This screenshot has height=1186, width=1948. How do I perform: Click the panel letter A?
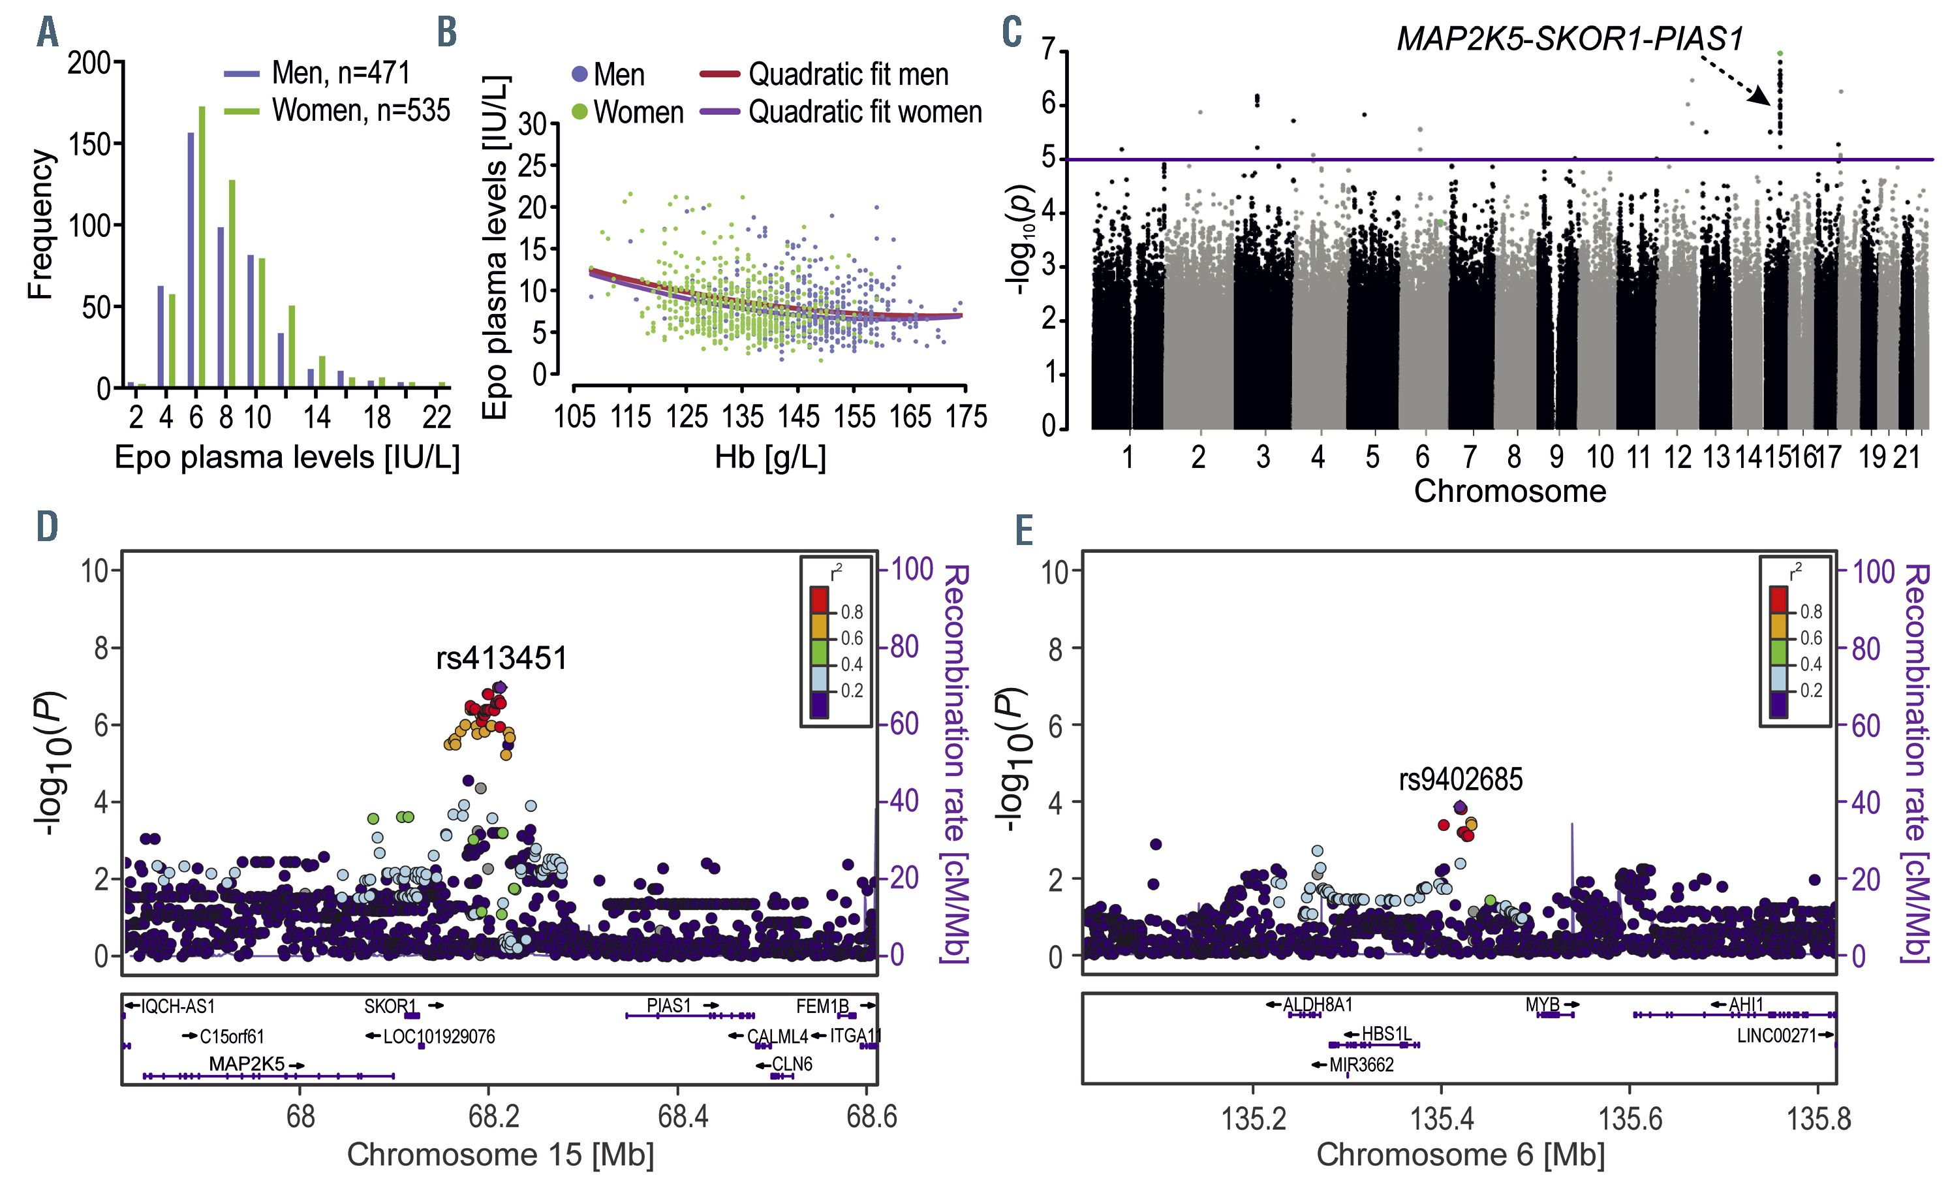pyautogui.click(x=48, y=33)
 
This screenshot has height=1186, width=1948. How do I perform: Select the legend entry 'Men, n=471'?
pyautogui.click(x=340, y=72)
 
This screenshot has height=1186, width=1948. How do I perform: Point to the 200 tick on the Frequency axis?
pyautogui.click(x=89, y=63)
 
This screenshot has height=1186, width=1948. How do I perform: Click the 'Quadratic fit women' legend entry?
pyautogui.click(x=865, y=112)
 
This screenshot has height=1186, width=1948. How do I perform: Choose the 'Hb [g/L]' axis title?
pyautogui.click(x=770, y=458)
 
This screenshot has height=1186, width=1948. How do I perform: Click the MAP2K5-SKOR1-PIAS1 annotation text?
pyautogui.click(x=1569, y=39)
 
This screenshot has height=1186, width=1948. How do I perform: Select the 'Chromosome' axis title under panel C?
pyautogui.click(x=1509, y=492)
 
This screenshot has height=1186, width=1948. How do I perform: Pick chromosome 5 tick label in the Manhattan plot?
pyautogui.click(x=1372, y=457)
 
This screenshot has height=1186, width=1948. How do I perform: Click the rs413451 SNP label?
pyautogui.click(x=501, y=658)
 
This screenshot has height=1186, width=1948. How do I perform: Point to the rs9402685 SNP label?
pyautogui.click(x=1461, y=779)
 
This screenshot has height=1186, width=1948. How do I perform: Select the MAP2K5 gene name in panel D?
pyautogui.click(x=246, y=1064)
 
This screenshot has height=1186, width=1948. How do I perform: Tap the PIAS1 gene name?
pyautogui.click(x=669, y=1006)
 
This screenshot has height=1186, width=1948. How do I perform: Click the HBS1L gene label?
pyautogui.click(x=1386, y=1034)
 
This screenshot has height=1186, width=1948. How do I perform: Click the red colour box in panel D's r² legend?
pyautogui.click(x=819, y=600)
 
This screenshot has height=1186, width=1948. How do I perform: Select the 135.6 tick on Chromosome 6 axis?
pyautogui.click(x=1630, y=1119)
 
